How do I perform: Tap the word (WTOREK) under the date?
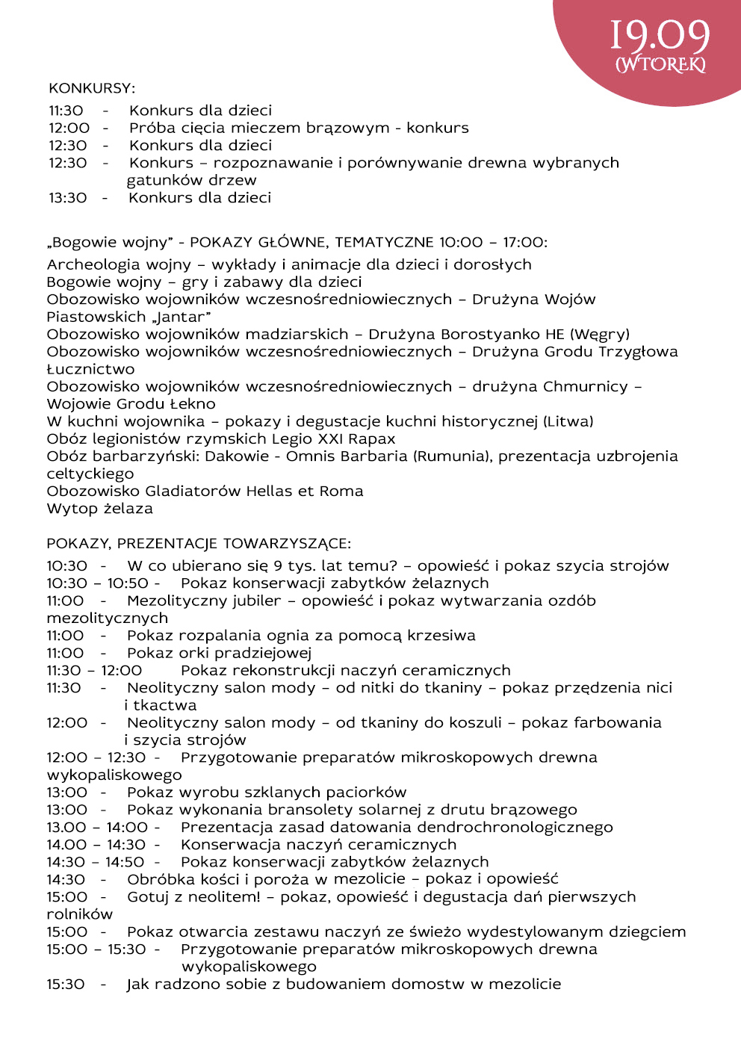click(660, 65)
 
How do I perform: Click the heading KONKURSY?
click(92, 89)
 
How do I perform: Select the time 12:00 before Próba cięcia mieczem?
click(69, 128)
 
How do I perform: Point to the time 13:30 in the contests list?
click(68, 198)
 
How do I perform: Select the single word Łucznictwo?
click(90, 369)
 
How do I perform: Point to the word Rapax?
click(372, 439)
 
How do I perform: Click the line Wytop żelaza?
click(99, 509)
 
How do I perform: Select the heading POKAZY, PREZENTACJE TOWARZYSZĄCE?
click(198, 544)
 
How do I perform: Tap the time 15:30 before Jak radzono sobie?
click(66, 985)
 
